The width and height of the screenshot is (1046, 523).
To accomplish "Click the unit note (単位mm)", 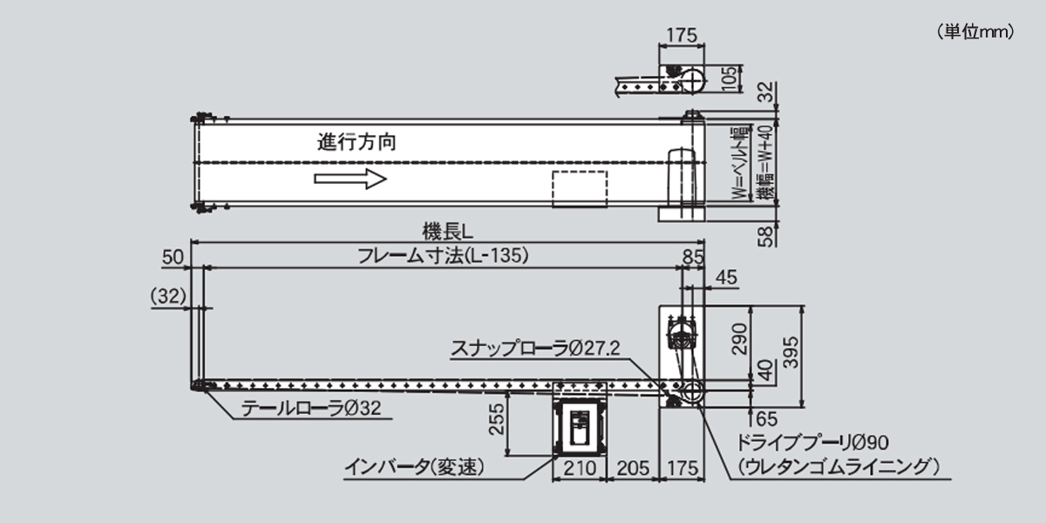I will pos(975,32).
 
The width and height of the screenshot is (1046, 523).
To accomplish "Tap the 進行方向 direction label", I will pos(357,142).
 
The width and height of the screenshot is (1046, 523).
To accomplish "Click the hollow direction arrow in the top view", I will pos(350,180).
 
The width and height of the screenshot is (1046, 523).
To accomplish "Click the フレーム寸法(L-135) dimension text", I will pos(444,256).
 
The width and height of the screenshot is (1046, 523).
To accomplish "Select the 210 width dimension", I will pos(579,468).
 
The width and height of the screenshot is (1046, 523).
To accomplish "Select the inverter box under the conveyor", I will pos(580,425).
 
